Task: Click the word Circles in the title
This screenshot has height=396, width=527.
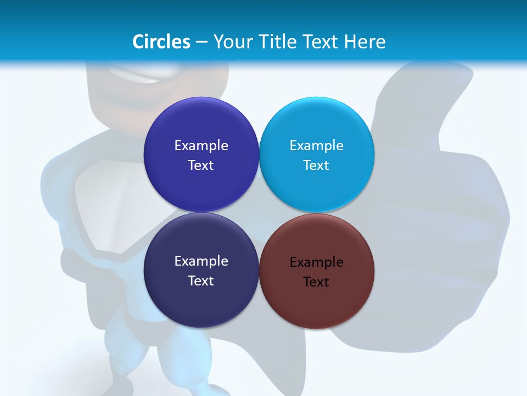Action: (161, 42)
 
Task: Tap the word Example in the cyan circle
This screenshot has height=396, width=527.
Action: (316, 146)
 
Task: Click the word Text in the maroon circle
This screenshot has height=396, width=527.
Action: (316, 282)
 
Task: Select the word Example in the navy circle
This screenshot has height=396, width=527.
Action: (201, 261)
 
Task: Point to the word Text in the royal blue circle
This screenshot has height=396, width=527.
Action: (201, 166)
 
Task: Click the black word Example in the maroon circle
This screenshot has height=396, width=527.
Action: (316, 262)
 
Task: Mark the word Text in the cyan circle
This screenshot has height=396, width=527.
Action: (316, 166)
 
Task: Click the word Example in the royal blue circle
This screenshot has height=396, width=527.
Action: (201, 146)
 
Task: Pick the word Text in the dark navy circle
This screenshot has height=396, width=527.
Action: (201, 281)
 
